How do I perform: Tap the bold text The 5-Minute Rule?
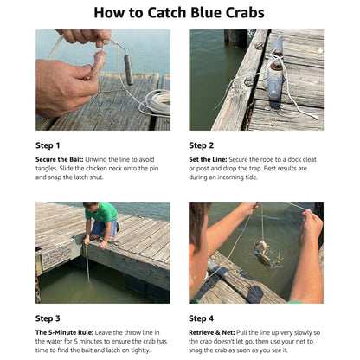tap(68, 332)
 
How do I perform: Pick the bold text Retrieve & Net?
tap(217, 332)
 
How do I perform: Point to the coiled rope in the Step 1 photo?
tap(157, 101)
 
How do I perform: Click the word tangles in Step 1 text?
tap(48, 170)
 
